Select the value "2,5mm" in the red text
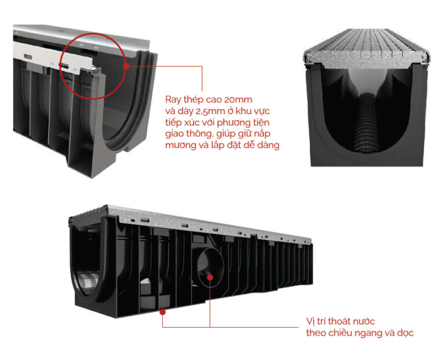point(210,111)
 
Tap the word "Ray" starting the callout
point(173,100)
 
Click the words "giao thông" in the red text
point(189,134)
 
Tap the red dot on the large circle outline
point(126,66)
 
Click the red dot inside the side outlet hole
point(210,277)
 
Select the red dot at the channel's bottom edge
point(163,312)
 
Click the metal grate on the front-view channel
point(367,48)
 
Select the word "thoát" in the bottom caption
point(339,321)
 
